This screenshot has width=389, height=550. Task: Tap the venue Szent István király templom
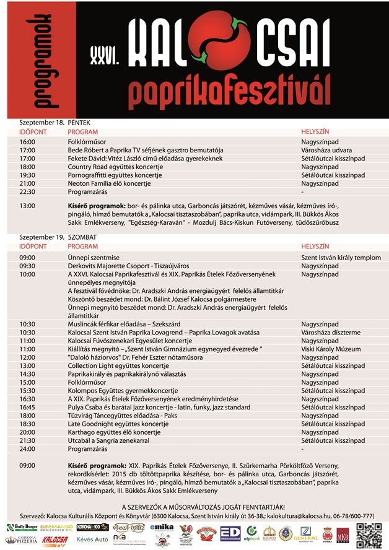click(341, 258)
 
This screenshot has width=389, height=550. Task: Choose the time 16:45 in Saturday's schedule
click(27, 407)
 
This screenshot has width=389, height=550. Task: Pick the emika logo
click(161, 528)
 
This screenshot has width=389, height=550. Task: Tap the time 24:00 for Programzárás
click(27, 448)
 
